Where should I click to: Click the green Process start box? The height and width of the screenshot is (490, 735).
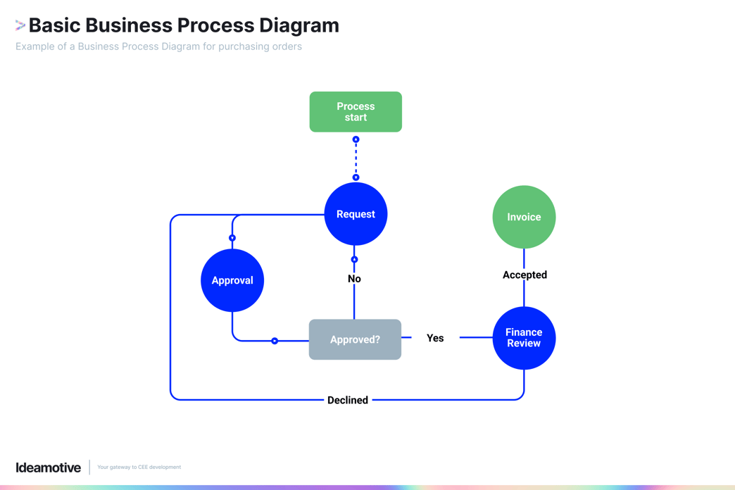click(356, 112)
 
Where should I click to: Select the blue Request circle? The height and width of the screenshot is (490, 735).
click(356, 214)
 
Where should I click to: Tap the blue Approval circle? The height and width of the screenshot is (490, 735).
click(232, 280)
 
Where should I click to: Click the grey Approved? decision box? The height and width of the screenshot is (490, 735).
click(355, 339)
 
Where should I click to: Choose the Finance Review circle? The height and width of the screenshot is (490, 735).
click(524, 338)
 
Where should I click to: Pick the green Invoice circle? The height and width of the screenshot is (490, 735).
click(524, 217)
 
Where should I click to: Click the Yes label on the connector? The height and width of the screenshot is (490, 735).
click(435, 338)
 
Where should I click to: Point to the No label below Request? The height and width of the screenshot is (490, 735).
click(354, 279)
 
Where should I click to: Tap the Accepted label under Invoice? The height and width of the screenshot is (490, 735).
click(524, 275)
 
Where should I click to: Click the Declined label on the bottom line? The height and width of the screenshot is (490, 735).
click(348, 400)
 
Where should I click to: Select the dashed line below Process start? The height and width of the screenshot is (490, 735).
click(356, 158)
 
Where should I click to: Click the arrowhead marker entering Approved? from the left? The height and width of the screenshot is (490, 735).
click(275, 341)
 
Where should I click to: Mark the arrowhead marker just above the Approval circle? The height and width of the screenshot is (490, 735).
click(232, 238)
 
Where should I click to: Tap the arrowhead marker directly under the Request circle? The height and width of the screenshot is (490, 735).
click(354, 260)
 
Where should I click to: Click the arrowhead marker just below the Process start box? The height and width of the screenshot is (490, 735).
click(356, 139)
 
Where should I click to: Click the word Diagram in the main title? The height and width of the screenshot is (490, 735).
click(299, 25)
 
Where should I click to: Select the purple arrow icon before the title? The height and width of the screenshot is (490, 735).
click(20, 25)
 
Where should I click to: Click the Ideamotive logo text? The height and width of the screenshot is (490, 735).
click(48, 467)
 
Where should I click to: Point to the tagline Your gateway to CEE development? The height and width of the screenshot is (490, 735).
click(139, 467)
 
